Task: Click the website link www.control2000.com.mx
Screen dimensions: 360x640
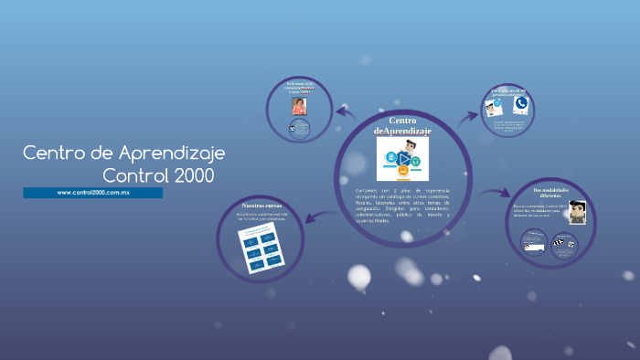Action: pos(93,193)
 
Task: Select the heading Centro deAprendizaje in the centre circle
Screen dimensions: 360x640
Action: pos(402,126)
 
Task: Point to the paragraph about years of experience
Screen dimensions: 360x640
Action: pos(402,204)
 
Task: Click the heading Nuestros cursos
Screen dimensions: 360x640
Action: pos(263,207)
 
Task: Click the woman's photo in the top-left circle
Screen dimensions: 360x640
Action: pos(299,106)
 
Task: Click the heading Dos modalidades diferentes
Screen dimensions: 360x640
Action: pos(552,193)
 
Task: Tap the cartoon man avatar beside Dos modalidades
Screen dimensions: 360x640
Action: pos(576,212)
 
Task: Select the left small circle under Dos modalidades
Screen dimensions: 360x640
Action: pos(534,242)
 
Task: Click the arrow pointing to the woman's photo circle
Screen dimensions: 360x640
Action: pos(344,111)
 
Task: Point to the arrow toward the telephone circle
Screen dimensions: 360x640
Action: pos(467,116)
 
